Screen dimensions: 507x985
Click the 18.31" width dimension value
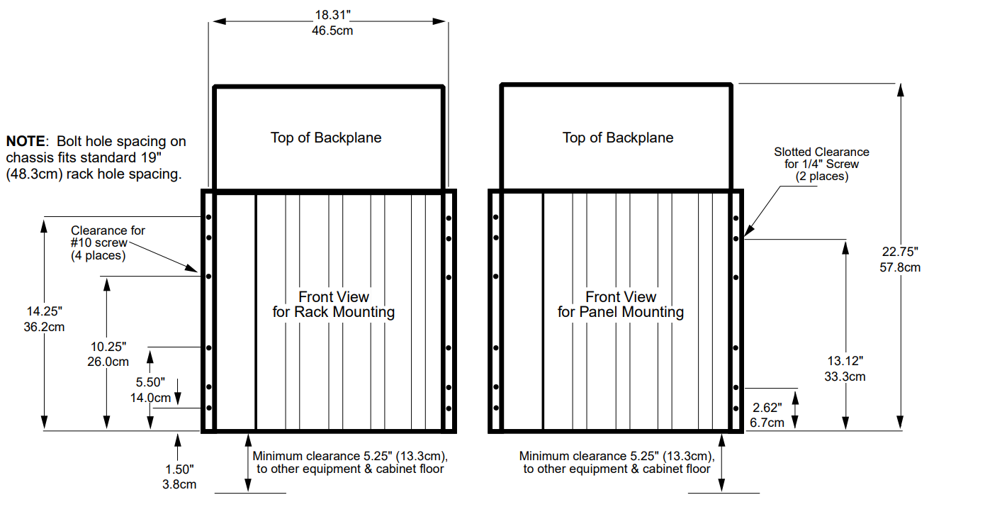[328, 15]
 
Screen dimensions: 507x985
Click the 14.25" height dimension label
[45, 311]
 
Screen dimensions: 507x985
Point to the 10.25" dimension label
[108, 346]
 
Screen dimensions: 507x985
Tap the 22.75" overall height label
[900, 251]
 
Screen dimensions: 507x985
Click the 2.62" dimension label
[767, 408]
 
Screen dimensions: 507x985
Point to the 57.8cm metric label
[901, 267]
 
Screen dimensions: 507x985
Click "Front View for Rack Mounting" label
[333, 304]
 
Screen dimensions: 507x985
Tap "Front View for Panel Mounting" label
[621, 304]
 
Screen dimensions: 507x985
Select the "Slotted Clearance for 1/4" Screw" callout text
[821, 164]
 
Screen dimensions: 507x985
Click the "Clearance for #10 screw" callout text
[108, 243]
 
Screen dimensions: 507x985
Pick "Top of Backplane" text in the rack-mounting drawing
[326, 138]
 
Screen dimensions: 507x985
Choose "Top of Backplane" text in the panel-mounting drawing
[618, 138]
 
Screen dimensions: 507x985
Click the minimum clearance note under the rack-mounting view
[350, 462]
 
